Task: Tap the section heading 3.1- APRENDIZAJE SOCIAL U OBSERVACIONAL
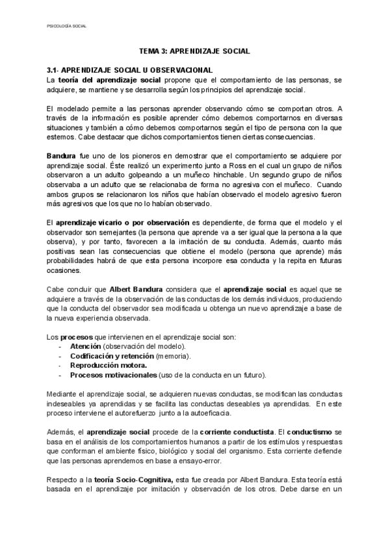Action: [x=130, y=69]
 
